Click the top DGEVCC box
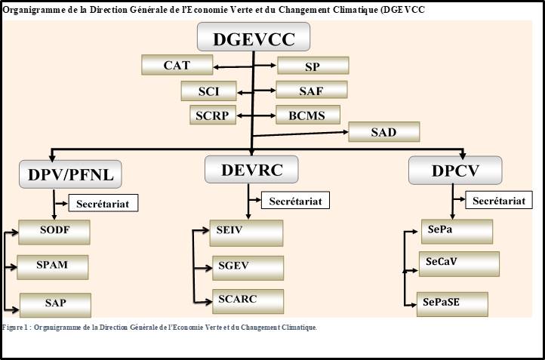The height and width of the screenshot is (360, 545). click(x=254, y=37)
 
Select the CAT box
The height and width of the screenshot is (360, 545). click(x=177, y=65)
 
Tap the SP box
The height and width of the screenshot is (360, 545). click(x=313, y=66)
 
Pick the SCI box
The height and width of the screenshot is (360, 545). click(x=208, y=91)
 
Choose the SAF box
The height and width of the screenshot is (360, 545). click(x=312, y=90)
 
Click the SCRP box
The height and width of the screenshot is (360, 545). click(x=213, y=115)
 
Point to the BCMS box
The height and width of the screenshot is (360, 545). click(x=308, y=115)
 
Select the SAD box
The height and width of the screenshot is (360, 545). click(x=383, y=132)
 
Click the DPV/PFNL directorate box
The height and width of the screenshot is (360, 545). click(x=70, y=174)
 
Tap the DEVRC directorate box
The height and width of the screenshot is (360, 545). click(x=251, y=169)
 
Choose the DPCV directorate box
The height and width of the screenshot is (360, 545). click(x=455, y=171)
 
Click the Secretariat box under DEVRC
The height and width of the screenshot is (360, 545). click(x=295, y=201)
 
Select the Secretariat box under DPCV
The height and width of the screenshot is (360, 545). click(x=499, y=201)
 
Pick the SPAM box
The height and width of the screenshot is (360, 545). click(x=53, y=267)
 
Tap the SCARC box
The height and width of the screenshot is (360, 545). click(x=248, y=301)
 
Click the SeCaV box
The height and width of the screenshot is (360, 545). click(x=459, y=264)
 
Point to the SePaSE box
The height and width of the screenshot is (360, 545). click(x=452, y=304)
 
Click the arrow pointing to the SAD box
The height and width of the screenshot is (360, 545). click(x=300, y=134)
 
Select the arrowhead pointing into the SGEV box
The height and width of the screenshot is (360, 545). click(x=208, y=268)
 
